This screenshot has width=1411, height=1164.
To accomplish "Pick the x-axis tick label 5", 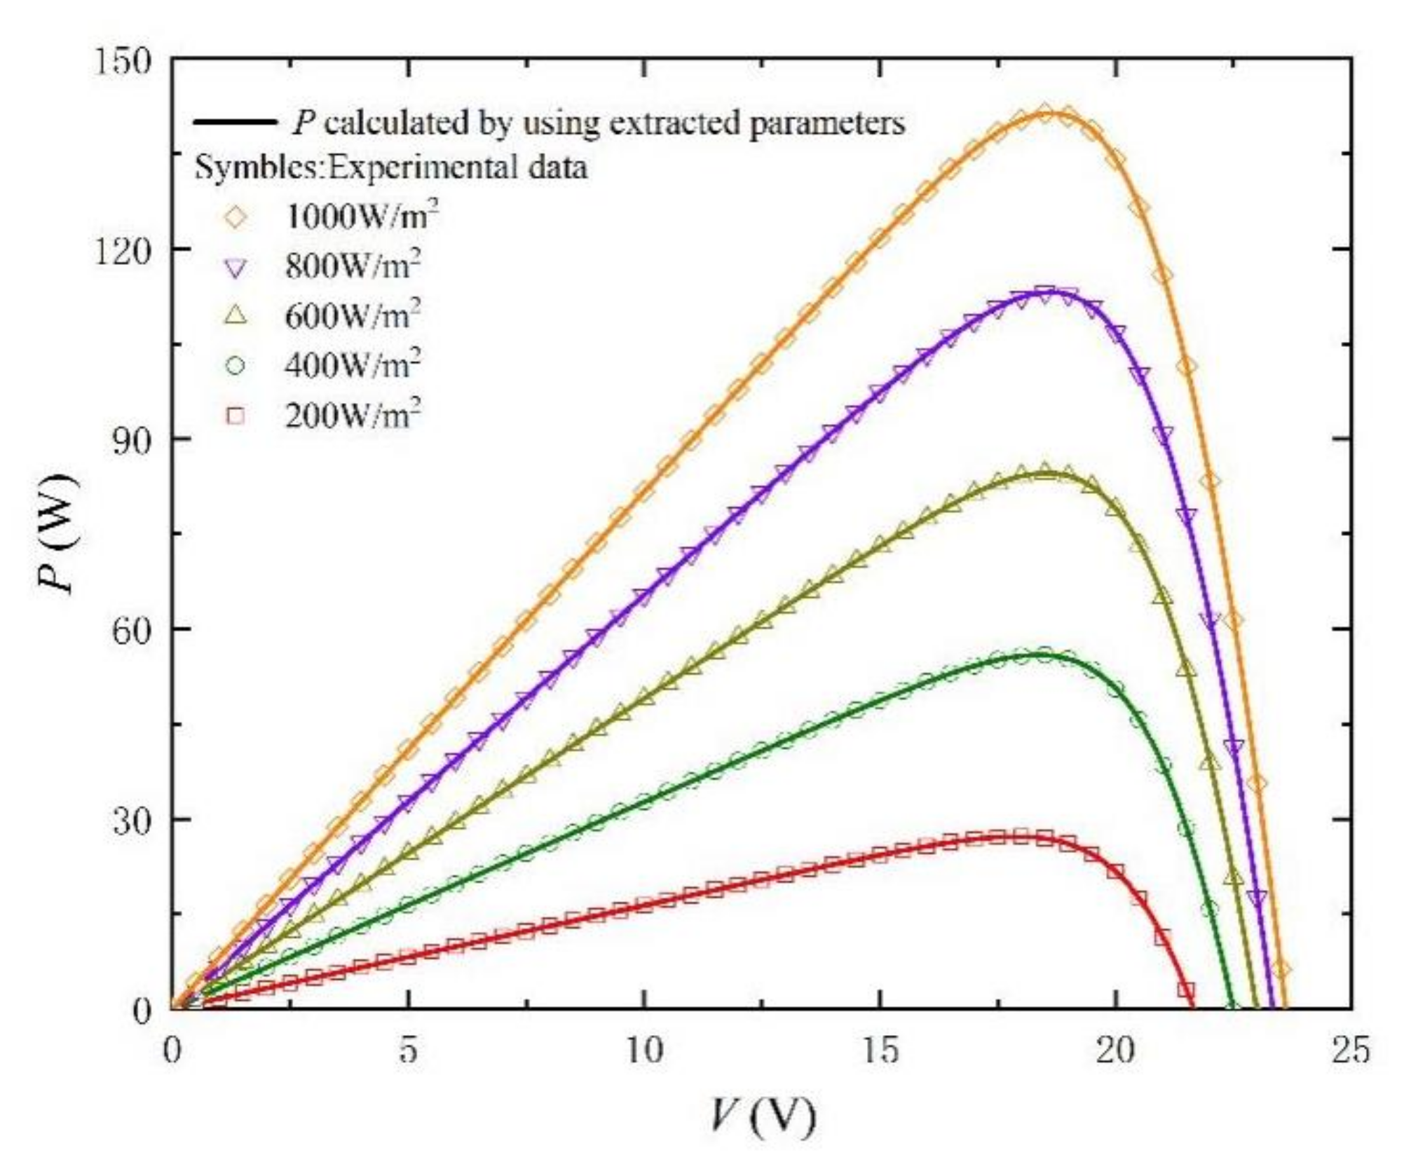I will click(408, 1051).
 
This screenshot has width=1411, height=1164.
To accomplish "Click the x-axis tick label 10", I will click(644, 1051).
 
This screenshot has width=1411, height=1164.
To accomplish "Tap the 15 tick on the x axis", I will click(880, 1051).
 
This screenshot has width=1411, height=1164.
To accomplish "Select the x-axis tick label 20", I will click(1116, 1051).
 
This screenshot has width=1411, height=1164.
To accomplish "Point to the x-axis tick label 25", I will click(1351, 1051).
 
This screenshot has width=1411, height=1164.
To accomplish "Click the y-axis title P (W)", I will click(56, 534).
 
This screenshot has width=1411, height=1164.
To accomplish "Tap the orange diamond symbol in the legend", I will click(236, 218).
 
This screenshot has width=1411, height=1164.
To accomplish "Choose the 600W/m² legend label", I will click(353, 315).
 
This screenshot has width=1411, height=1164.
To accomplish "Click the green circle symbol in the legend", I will click(236, 366).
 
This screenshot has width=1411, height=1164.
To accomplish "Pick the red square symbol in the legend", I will click(236, 416).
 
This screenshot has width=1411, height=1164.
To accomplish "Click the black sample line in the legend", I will click(235, 123).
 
